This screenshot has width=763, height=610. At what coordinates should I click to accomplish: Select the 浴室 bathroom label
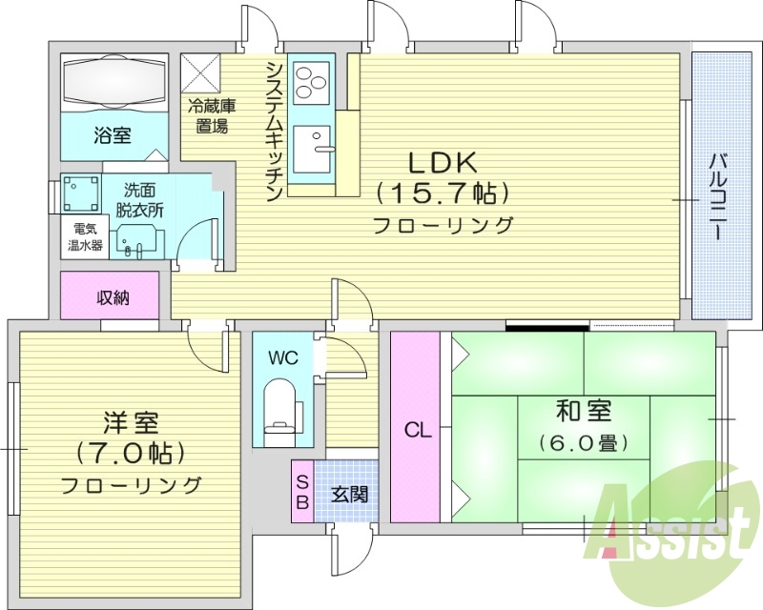112,134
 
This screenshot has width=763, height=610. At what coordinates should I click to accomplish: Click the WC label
284,358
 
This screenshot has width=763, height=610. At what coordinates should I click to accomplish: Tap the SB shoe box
301,490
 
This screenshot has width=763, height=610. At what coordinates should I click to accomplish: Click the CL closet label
418,430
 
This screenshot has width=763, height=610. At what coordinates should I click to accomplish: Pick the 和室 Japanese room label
585,411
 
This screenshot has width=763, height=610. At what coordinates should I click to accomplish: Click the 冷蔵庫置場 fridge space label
211,115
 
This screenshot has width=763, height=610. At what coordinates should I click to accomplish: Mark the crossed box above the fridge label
201,71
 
